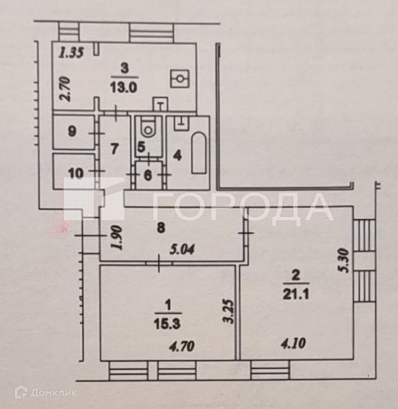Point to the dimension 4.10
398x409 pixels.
(293, 344)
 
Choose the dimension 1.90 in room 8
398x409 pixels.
(118, 238)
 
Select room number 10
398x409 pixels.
(76, 173)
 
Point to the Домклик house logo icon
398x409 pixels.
(21, 393)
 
